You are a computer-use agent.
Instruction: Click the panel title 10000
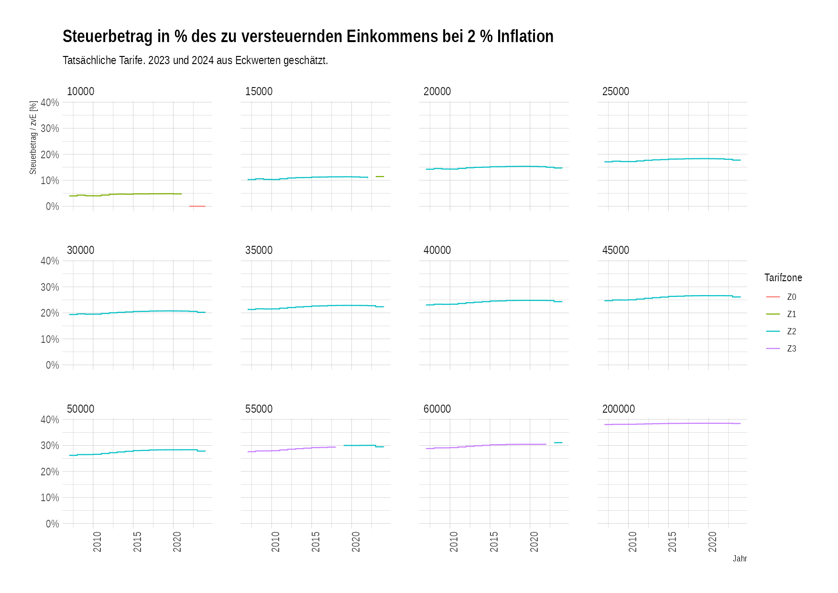(x=80, y=91)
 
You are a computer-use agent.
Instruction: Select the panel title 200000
(x=618, y=409)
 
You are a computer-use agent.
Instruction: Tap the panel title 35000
(x=259, y=250)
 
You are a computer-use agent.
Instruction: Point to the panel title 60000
(x=437, y=409)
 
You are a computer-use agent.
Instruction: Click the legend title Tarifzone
(x=783, y=278)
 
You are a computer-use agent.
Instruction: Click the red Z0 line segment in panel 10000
(x=197, y=206)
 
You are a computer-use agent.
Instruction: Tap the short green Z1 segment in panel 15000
(x=380, y=176)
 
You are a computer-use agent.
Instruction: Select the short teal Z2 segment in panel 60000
(x=558, y=443)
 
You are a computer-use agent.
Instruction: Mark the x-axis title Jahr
(x=740, y=559)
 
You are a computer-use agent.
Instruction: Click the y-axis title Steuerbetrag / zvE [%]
(x=33, y=137)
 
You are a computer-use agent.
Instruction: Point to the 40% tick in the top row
(x=50, y=102)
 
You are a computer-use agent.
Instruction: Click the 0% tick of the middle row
(x=52, y=365)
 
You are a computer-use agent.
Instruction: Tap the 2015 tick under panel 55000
(x=316, y=541)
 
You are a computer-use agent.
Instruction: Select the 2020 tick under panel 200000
(x=712, y=541)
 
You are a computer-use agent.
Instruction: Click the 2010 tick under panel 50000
(x=97, y=541)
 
